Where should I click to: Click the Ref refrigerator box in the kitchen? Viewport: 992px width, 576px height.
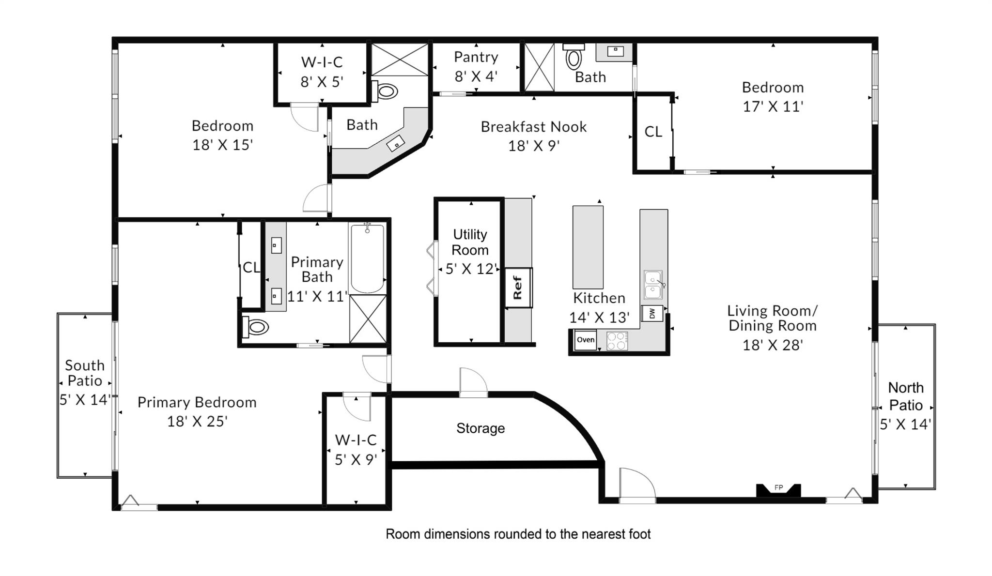point(518,288)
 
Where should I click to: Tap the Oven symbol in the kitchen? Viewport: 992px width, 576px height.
point(585,340)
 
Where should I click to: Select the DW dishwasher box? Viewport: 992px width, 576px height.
point(652,313)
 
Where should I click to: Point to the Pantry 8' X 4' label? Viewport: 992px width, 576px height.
point(476,66)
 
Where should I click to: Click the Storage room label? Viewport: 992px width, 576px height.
point(480,428)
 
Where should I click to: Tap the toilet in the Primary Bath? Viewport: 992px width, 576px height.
point(256,327)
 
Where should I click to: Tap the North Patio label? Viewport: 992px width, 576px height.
point(905,396)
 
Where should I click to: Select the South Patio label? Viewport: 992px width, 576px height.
point(85,373)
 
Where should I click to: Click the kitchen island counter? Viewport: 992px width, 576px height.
point(588,247)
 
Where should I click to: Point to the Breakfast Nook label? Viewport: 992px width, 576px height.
point(533,127)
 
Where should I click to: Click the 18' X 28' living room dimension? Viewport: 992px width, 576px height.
point(773,345)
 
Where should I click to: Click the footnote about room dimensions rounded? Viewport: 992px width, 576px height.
point(518,534)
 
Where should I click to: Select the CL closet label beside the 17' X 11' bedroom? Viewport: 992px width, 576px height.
point(653,132)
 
